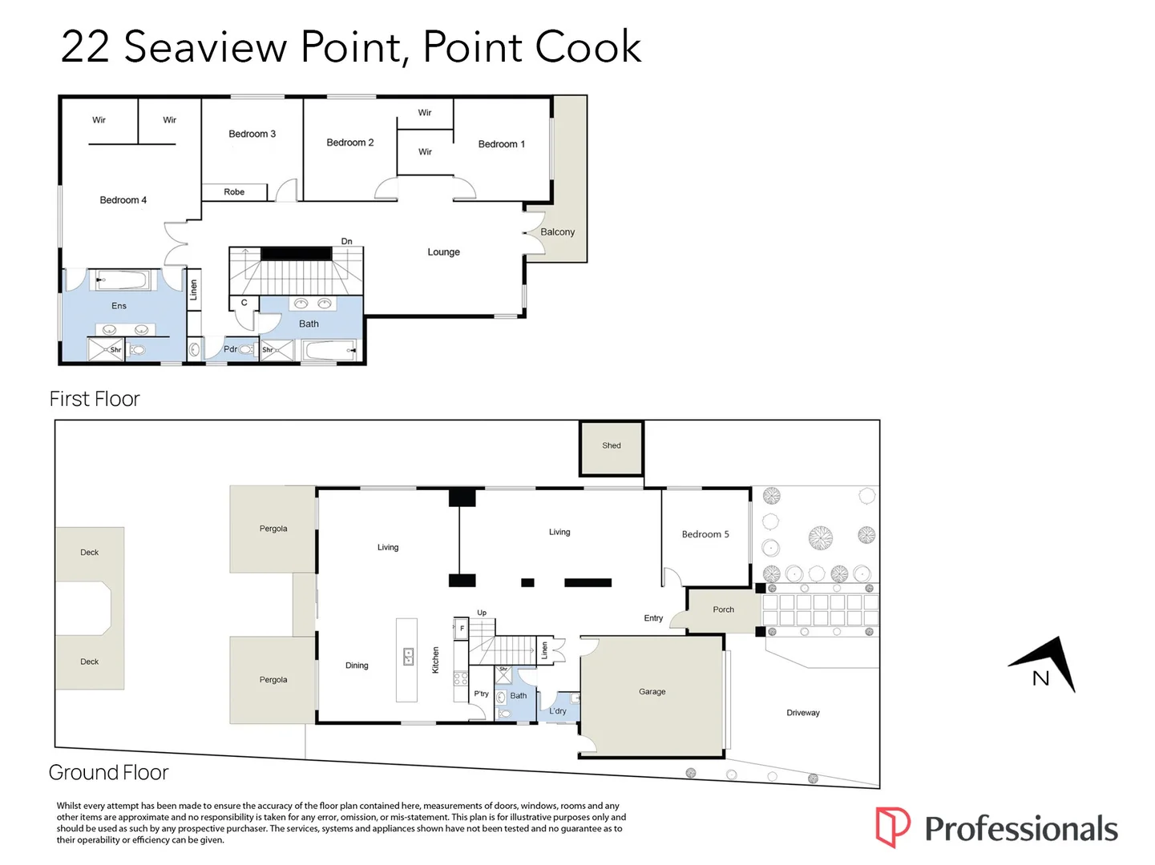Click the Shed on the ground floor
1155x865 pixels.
click(612, 449)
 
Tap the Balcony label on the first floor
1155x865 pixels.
click(557, 232)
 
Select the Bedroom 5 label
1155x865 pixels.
click(705, 534)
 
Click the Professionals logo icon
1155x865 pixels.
click(892, 827)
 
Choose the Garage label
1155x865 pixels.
click(652, 691)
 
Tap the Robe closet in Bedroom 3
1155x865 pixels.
click(235, 192)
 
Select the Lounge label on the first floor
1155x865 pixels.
click(443, 251)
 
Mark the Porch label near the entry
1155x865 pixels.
click(723, 610)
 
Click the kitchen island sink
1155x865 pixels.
click(408, 657)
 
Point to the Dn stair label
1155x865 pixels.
click(346, 241)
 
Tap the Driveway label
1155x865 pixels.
click(802, 713)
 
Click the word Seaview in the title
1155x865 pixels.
click(205, 47)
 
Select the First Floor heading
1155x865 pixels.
click(95, 399)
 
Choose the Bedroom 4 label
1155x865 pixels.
click(123, 199)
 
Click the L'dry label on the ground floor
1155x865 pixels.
click(558, 711)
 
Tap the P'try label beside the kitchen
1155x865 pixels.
click(481, 694)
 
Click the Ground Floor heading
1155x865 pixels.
click(108, 772)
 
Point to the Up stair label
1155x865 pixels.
click(482, 613)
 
